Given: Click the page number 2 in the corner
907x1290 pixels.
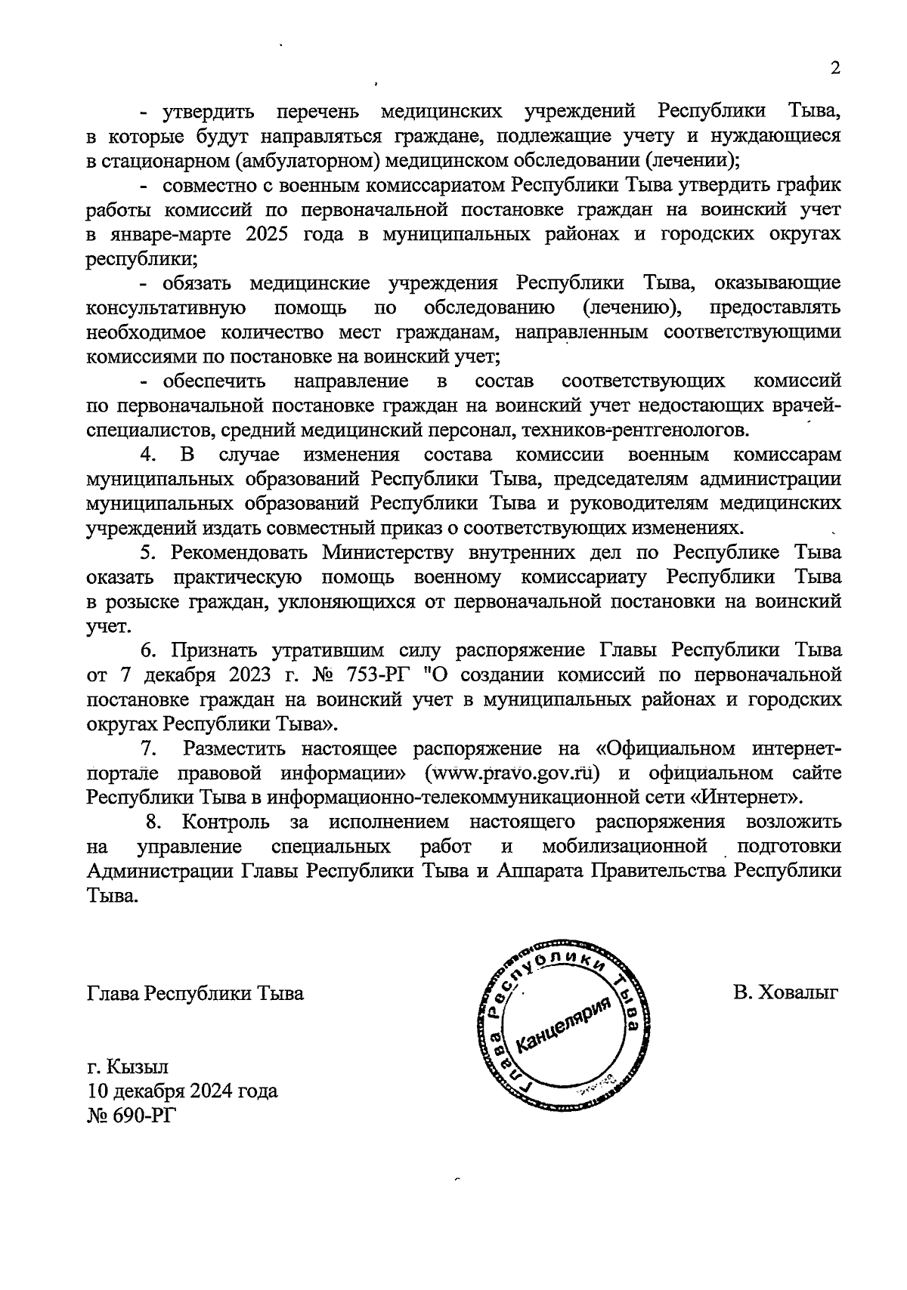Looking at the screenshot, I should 835,69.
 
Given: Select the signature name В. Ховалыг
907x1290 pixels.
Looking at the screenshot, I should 786,992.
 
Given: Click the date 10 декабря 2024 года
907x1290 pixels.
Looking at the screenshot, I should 182,1091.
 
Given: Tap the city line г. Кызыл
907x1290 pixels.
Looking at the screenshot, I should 128,1067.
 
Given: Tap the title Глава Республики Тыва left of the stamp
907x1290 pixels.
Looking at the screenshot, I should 195,992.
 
